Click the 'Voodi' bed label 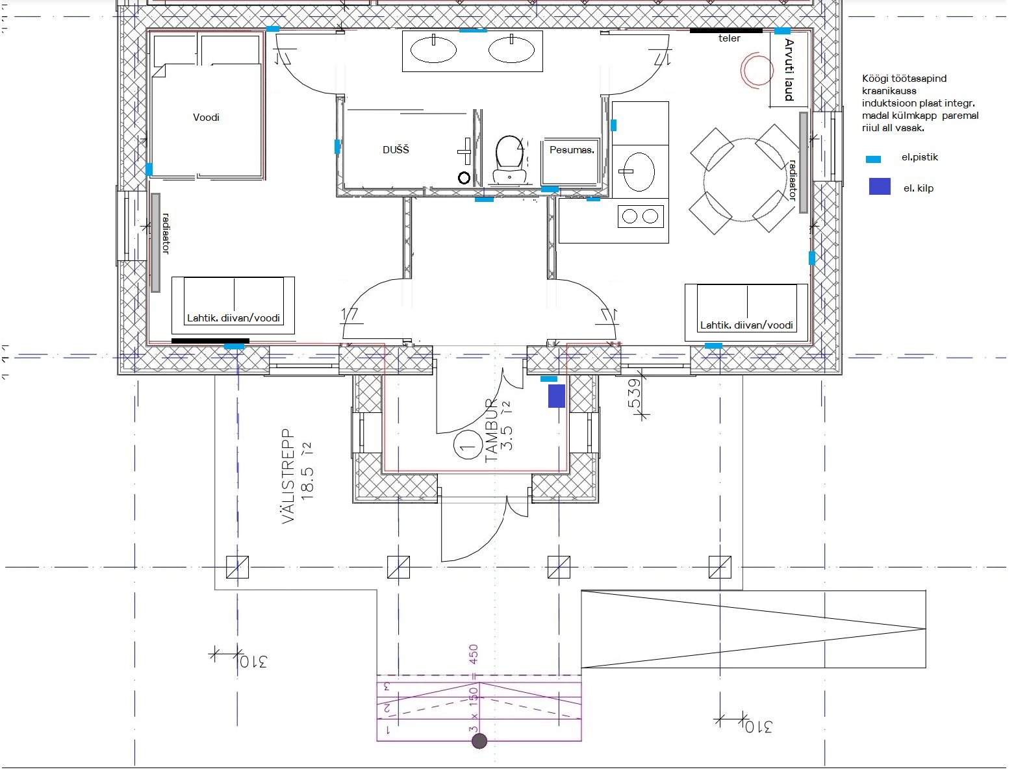click(x=206, y=118)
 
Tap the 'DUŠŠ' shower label click(x=396, y=149)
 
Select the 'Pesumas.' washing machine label click(x=572, y=150)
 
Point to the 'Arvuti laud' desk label click(x=789, y=70)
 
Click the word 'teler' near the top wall click(x=729, y=38)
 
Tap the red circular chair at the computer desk click(x=757, y=70)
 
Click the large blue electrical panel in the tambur click(x=556, y=396)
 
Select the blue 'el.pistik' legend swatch click(x=873, y=159)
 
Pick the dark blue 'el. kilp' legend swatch click(x=880, y=186)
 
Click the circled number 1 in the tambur click(x=468, y=445)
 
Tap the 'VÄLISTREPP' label click(x=288, y=476)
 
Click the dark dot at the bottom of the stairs click(x=479, y=741)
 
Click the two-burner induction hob click(x=641, y=216)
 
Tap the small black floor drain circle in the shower click(x=464, y=178)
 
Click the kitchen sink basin click(x=639, y=171)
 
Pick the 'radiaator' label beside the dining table click(x=792, y=181)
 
